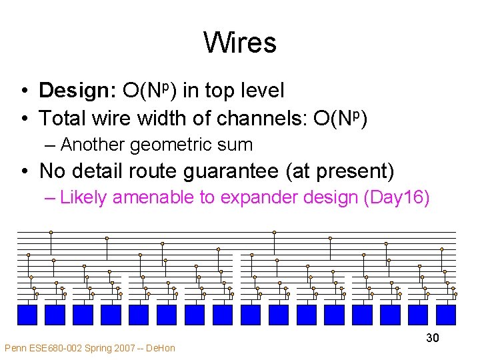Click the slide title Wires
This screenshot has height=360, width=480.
tap(240, 43)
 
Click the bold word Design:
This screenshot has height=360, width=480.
tap(78, 91)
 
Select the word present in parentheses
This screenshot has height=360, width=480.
tap(351, 171)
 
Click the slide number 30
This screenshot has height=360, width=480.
tap(433, 338)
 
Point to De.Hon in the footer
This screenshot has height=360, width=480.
tap(162, 348)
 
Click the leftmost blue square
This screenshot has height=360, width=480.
tap(27, 314)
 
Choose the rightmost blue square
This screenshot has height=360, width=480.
tap(445, 314)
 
